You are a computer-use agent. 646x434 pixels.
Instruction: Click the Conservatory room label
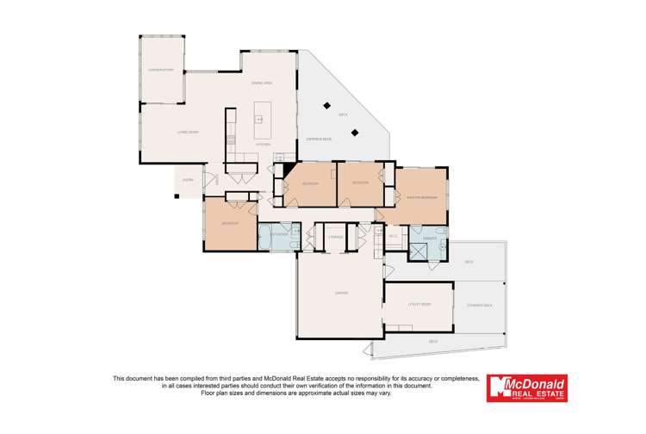point(161,70)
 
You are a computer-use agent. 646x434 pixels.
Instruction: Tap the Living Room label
point(165,132)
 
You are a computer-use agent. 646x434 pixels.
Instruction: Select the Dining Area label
point(262,83)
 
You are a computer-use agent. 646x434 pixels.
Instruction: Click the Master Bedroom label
point(422,197)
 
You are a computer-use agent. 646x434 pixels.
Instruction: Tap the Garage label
point(341,294)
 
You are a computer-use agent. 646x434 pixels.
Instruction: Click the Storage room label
point(335,237)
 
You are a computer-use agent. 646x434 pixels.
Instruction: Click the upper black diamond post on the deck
point(326,105)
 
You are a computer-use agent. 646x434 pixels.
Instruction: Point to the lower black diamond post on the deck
point(356,132)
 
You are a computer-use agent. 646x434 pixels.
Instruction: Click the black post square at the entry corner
point(176,196)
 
